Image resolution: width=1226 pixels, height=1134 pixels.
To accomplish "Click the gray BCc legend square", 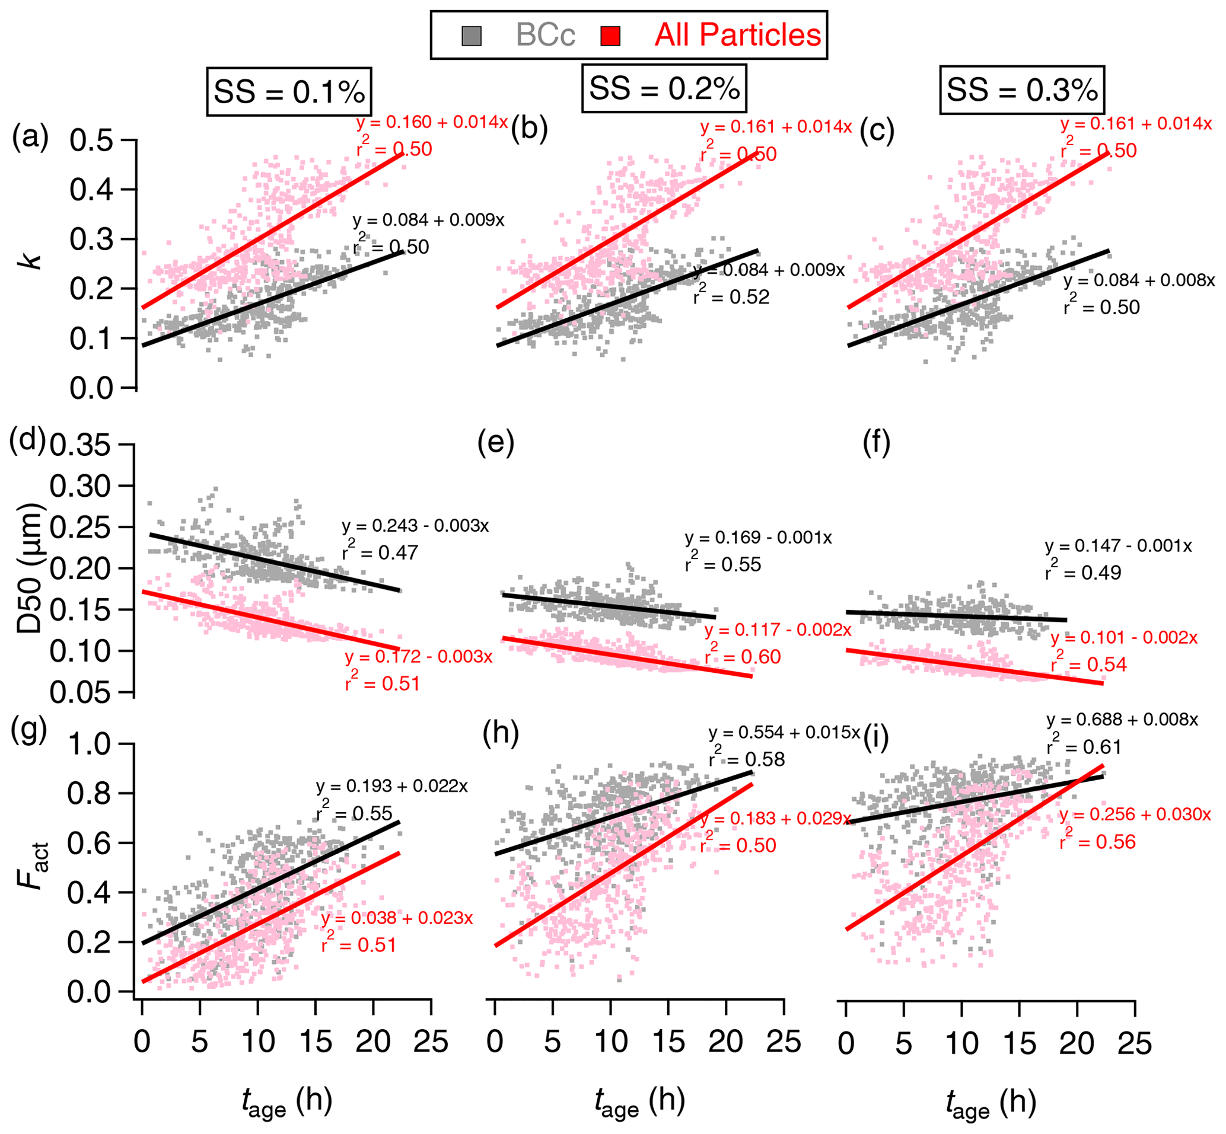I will [x=471, y=36].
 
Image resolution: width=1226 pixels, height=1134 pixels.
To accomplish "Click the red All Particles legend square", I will [x=610, y=36].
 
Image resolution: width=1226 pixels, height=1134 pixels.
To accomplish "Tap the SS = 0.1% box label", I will [x=288, y=91].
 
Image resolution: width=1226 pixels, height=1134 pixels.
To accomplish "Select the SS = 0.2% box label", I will [x=664, y=88].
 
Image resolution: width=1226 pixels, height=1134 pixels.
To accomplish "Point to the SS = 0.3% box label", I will [x=1022, y=90].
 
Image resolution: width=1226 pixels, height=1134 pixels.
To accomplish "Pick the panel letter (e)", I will [x=495, y=443].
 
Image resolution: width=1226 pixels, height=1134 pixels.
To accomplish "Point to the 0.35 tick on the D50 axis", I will [x=80, y=445].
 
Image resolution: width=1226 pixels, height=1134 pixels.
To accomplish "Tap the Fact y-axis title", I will [x=31, y=867].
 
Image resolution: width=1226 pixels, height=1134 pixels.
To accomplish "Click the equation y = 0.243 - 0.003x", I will [x=415, y=526].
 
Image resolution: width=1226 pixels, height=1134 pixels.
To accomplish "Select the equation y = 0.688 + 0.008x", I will [x=1122, y=719].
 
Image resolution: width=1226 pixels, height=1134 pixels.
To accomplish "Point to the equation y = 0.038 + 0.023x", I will [x=397, y=918].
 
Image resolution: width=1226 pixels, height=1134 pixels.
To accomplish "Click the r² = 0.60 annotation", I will [x=743, y=657].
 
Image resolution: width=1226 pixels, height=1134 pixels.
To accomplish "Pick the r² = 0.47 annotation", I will [x=380, y=552].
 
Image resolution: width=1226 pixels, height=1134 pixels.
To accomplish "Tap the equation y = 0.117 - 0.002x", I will [x=778, y=630].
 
